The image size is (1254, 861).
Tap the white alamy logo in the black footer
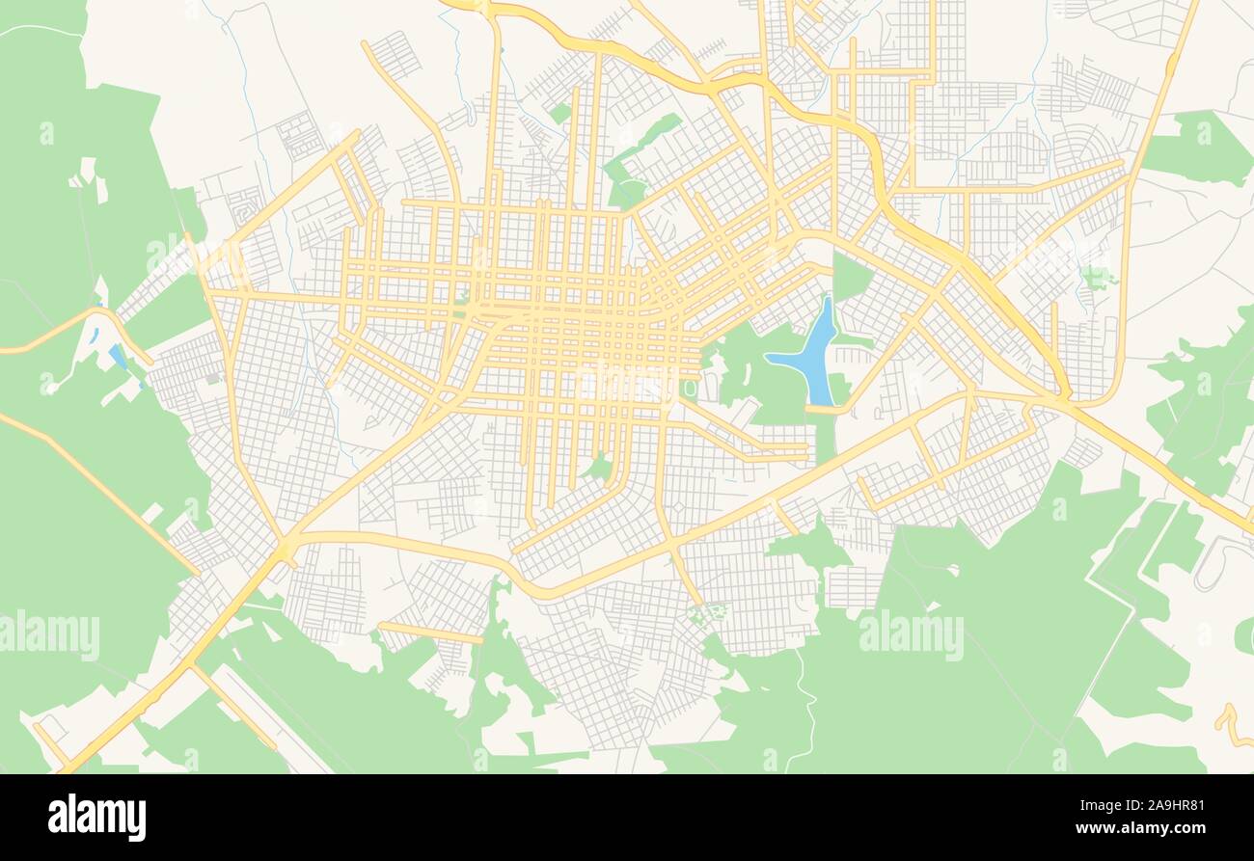(96, 817)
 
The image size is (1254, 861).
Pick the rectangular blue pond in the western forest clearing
(118, 356)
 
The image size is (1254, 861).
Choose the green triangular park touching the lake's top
(850, 278)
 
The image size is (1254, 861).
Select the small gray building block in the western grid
(211, 378)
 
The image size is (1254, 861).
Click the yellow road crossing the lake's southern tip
(820, 410)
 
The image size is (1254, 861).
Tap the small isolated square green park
(560, 113)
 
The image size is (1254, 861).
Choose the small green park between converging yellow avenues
(599, 469)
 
